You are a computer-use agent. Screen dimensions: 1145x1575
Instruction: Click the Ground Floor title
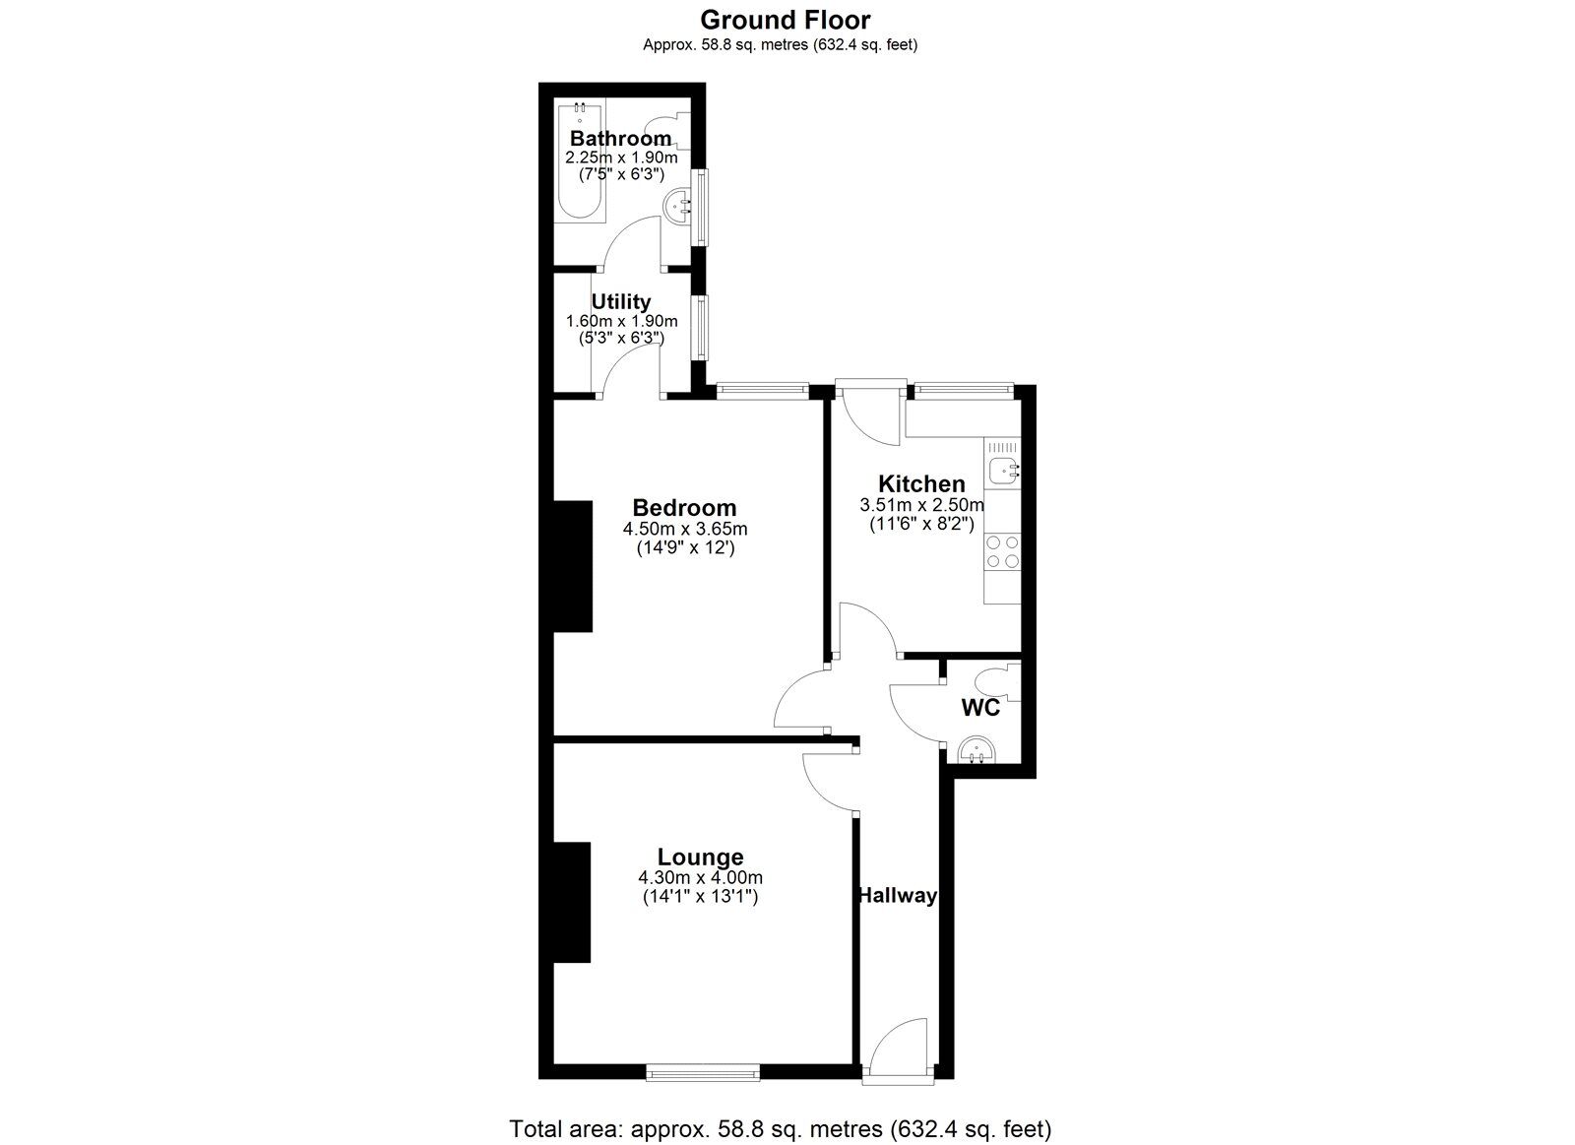point(785,19)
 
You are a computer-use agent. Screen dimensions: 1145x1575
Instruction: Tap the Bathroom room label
point(620,139)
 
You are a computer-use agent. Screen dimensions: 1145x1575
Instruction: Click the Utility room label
point(620,302)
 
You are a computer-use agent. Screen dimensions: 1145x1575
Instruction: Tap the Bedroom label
point(684,508)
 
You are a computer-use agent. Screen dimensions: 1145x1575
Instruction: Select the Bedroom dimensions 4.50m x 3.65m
point(684,530)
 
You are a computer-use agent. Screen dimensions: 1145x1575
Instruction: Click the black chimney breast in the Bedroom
point(572,565)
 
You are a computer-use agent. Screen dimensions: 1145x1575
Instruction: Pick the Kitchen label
point(921,483)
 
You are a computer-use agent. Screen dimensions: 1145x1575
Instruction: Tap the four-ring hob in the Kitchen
point(1002,551)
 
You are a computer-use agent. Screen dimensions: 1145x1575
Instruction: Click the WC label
point(980,708)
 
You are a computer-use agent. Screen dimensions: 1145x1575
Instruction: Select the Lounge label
point(700,857)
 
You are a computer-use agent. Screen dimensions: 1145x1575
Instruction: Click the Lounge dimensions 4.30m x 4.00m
point(700,878)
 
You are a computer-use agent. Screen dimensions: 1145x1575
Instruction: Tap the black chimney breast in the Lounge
point(571,902)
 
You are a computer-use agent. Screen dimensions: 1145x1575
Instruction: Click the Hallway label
point(896,896)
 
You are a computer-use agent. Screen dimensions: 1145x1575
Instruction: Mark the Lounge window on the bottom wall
point(703,1071)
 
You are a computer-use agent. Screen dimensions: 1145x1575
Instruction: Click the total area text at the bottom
point(780,1128)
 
